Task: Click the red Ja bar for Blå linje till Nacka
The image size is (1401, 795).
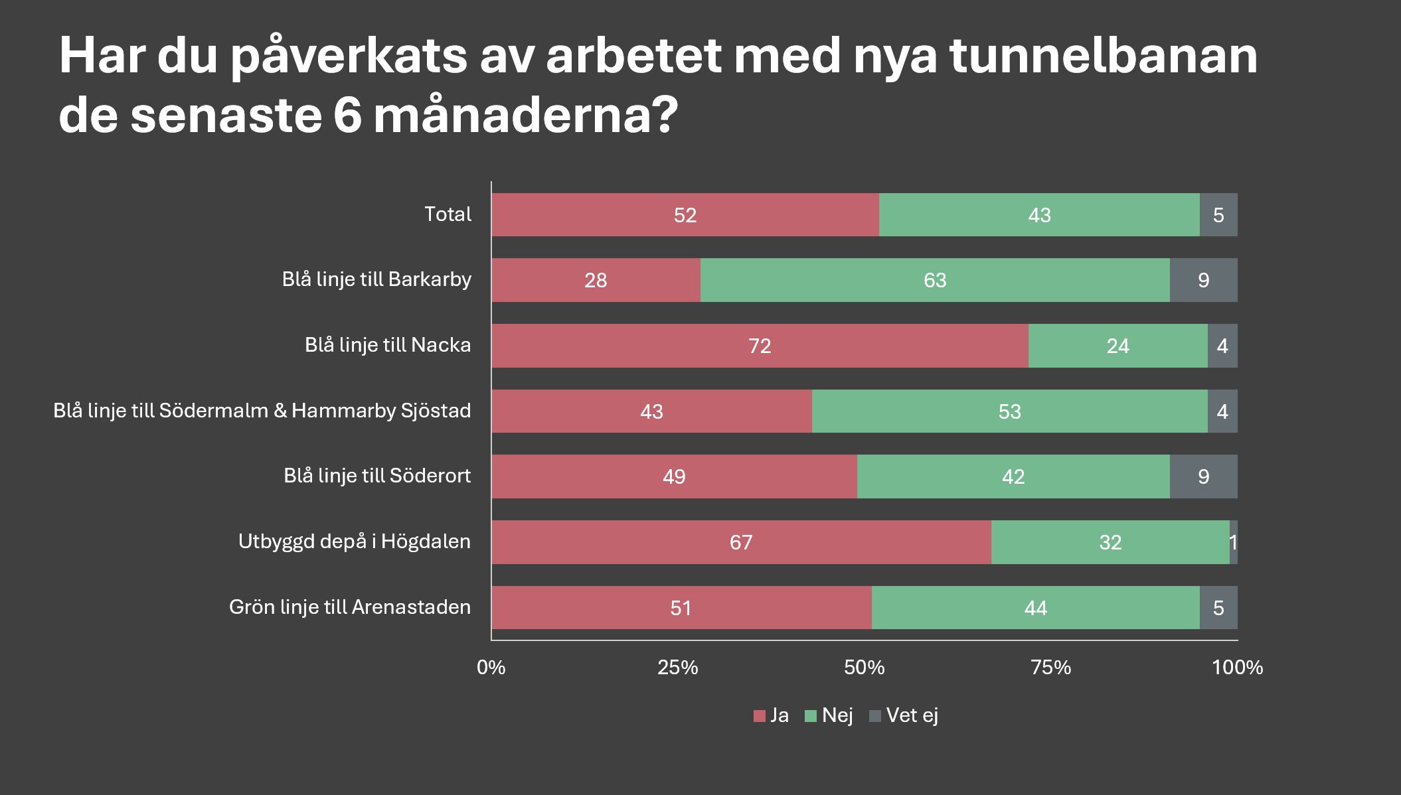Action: tap(664, 346)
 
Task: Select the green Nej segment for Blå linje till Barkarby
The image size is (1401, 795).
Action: tap(863, 280)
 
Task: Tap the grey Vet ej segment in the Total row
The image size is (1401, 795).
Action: tap(1218, 215)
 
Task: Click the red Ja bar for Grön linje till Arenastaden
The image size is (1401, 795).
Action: tap(598, 608)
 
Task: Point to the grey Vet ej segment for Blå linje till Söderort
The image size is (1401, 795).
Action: tap(1203, 476)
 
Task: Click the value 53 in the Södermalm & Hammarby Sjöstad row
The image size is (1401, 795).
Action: tap(1009, 411)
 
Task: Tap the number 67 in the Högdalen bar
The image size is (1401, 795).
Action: tap(740, 542)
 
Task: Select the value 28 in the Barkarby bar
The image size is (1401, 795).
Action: tap(596, 280)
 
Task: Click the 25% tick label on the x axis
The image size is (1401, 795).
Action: tap(677, 667)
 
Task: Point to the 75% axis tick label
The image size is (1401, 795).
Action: tap(1050, 667)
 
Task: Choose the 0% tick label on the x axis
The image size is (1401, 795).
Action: tap(491, 667)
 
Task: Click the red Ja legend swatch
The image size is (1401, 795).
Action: tap(760, 716)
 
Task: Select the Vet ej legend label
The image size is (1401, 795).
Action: tap(912, 715)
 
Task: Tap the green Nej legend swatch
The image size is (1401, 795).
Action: tap(810, 716)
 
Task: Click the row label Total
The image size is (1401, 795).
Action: tap(448, 214)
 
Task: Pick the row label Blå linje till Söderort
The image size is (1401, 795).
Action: tap(377, 476)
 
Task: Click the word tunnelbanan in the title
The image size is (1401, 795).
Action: tap(1104, 56)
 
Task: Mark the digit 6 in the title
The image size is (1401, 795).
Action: tap(347, 115)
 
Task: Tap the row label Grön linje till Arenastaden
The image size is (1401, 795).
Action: tap(349, 607)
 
